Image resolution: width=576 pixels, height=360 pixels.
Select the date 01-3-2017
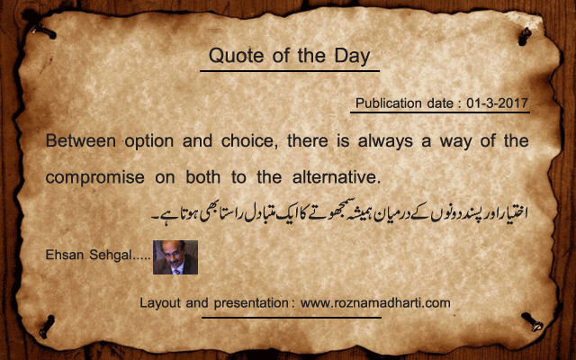(497, 103)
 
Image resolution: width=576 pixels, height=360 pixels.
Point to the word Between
(80, 140)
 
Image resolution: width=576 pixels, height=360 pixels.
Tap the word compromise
(94, 178)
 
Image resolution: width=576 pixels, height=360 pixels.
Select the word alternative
(336, 177)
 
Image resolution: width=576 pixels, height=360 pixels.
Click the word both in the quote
(202, 177)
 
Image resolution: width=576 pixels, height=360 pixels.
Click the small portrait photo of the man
(175, 257)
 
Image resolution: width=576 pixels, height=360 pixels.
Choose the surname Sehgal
(111, 256)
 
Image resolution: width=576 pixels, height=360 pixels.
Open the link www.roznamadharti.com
(375, 303)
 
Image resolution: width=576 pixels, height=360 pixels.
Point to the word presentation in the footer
(251, 304)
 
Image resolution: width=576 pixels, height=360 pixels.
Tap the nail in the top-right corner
(525, 36)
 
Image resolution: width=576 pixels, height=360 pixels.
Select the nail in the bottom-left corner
(47, 326)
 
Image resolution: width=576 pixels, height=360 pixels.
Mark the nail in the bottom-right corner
(532, 321)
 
